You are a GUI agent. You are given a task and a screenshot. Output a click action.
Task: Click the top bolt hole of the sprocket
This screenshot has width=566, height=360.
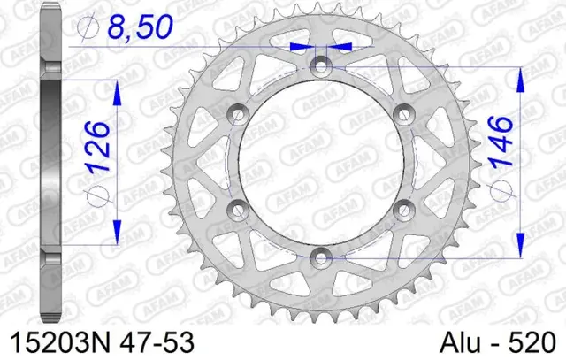coord(320,65)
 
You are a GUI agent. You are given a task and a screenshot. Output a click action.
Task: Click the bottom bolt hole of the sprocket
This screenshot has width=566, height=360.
coord(320,257)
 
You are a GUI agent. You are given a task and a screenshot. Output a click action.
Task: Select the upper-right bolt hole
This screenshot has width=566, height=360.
coord(403,112)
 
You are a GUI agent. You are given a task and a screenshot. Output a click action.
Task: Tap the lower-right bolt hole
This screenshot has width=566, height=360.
coord(403,208)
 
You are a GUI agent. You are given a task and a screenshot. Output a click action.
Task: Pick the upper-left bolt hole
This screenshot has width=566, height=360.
coord(237,112)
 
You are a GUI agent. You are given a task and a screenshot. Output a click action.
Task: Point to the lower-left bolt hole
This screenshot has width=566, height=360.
coord(237,208)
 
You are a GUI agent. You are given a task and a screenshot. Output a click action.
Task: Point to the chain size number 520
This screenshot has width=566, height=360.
coord(532,341)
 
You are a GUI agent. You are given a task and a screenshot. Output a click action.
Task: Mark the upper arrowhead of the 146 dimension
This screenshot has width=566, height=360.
coord(519,76)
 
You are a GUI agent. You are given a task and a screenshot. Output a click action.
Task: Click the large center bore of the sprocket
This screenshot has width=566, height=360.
coord(320,160)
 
